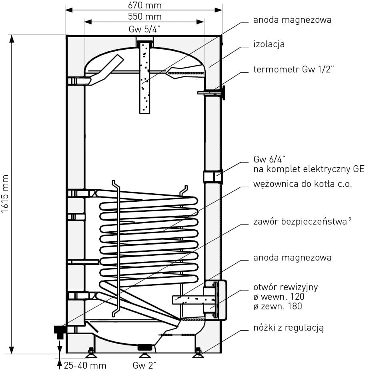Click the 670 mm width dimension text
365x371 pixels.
[x=145, y=5]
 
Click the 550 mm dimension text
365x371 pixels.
[x=145, y=16]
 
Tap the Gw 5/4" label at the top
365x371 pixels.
[x=144, y=29]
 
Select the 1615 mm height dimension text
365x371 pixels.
[x=5, y=194]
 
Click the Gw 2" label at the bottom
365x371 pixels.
[x=144, y=365]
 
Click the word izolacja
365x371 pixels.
[x=269, y=44]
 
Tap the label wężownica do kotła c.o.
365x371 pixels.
[x=303, y=184]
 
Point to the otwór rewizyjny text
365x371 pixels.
[x=286, y=287]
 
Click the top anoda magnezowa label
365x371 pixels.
[x=292, y=20]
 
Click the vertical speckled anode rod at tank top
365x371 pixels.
[x=144, y=78]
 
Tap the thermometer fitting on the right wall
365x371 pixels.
[x=212, y=93]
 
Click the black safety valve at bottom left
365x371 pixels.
[x=60, y=330]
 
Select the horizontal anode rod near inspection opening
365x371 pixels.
[x=188, y=299]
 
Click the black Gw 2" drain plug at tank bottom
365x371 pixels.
[x=144, y=347]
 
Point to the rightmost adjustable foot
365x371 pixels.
[x=198, y=353]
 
